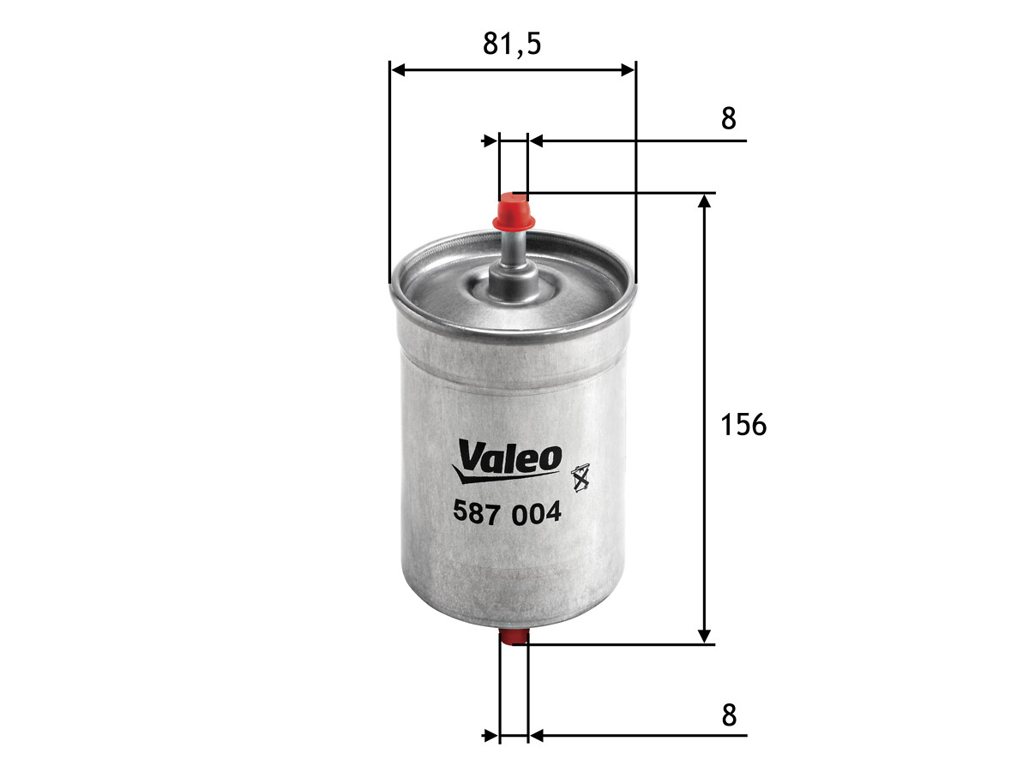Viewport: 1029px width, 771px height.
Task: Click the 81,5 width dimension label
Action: [512, 44]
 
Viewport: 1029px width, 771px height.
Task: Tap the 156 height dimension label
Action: [743, 425]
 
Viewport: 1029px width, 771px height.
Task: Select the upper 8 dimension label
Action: [729, 118]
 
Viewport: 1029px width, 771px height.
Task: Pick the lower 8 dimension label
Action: [729, 716]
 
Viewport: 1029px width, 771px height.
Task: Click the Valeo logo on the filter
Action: [506, 461]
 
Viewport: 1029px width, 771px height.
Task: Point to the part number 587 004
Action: [507, 513]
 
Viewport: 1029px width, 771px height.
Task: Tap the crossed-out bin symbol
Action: [581, 477]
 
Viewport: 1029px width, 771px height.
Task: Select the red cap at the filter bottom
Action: [514, 637]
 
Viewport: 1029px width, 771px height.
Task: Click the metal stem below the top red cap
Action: [513, 264]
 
